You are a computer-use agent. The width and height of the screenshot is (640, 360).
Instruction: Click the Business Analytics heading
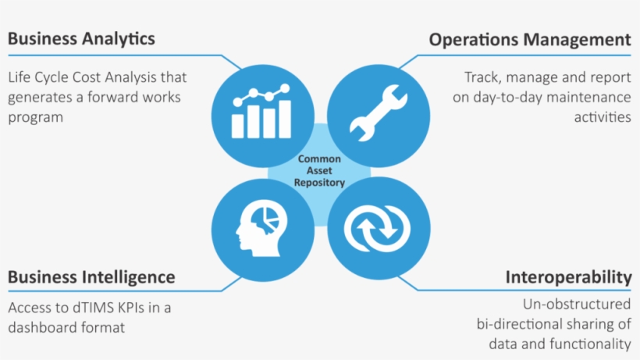point(82,38)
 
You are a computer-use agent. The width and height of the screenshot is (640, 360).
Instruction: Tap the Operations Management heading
point(530,39)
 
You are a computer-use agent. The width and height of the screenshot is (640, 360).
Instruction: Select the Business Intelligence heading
point(91,277)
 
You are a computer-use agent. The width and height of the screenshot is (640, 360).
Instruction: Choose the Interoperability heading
point(568,277)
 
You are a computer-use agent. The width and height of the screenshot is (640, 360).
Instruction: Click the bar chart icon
point(261,113)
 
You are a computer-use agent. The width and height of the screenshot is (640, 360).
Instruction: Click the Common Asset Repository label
point(319,170)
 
